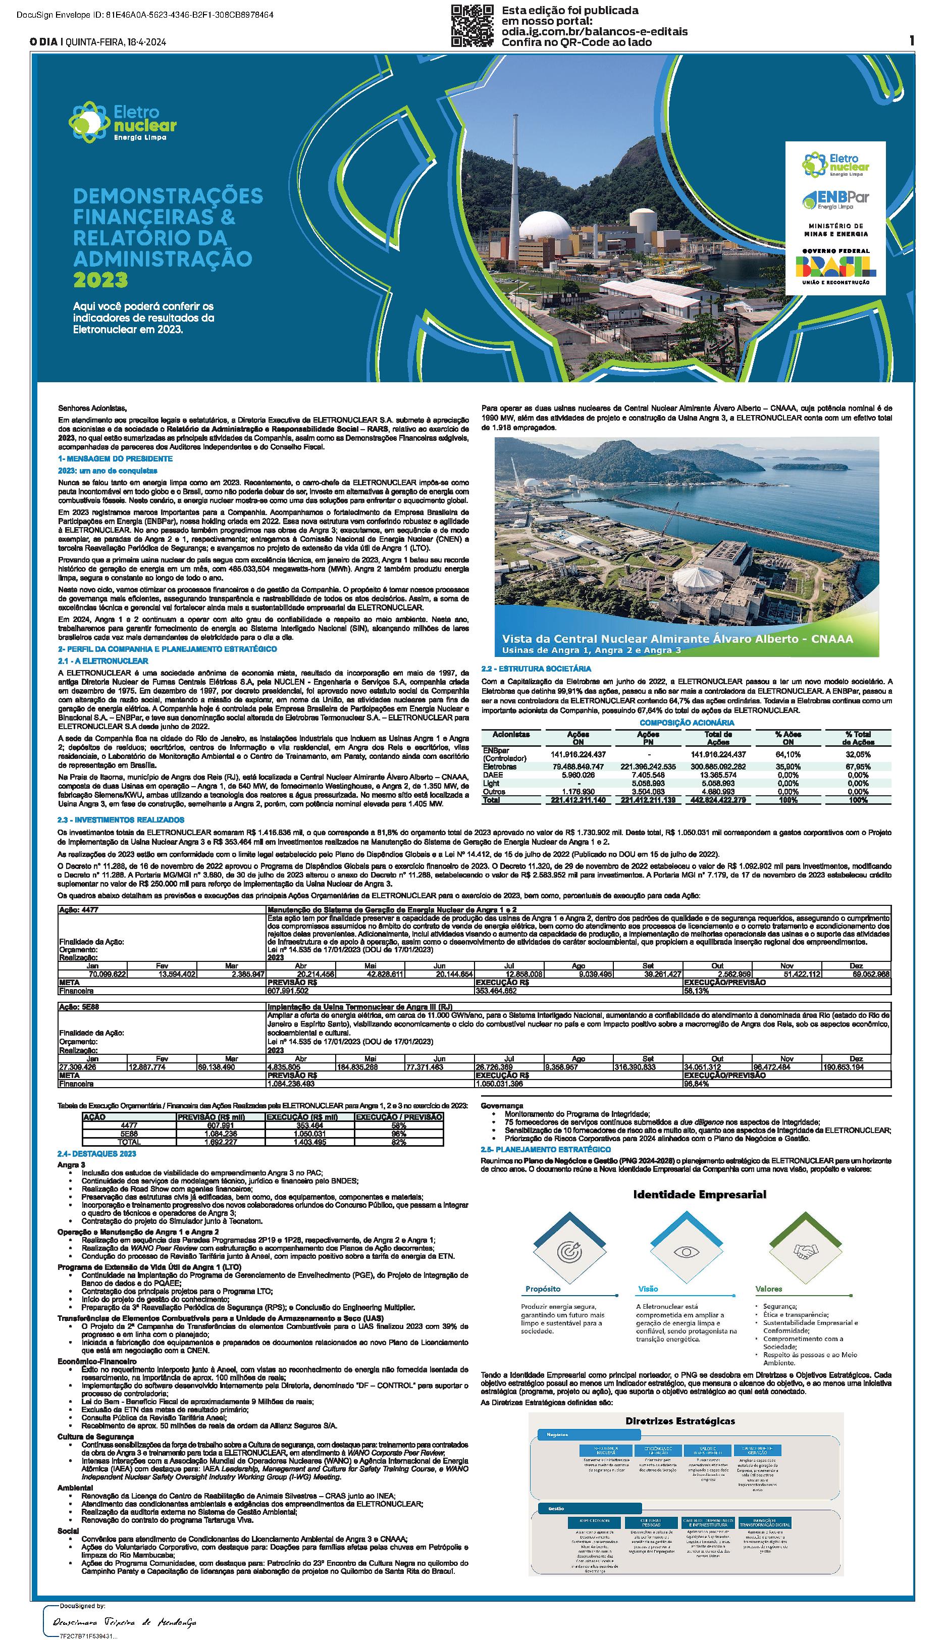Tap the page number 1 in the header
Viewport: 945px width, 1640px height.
[911, 41]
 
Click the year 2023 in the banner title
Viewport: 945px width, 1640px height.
[100, 280]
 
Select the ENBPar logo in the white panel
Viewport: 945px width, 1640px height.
[835, 199]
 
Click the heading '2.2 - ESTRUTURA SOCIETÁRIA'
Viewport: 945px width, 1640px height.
[536, 669]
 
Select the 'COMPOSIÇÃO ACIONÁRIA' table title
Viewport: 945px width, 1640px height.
[687, 723]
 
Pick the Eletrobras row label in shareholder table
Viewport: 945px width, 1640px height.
[500, 766]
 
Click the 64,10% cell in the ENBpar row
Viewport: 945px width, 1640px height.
[788, 754]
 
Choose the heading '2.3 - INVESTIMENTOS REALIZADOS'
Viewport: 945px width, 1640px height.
[121, 819]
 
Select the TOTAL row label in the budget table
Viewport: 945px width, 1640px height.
[129, 1142]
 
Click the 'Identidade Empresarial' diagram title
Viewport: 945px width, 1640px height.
[700, 1194]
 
